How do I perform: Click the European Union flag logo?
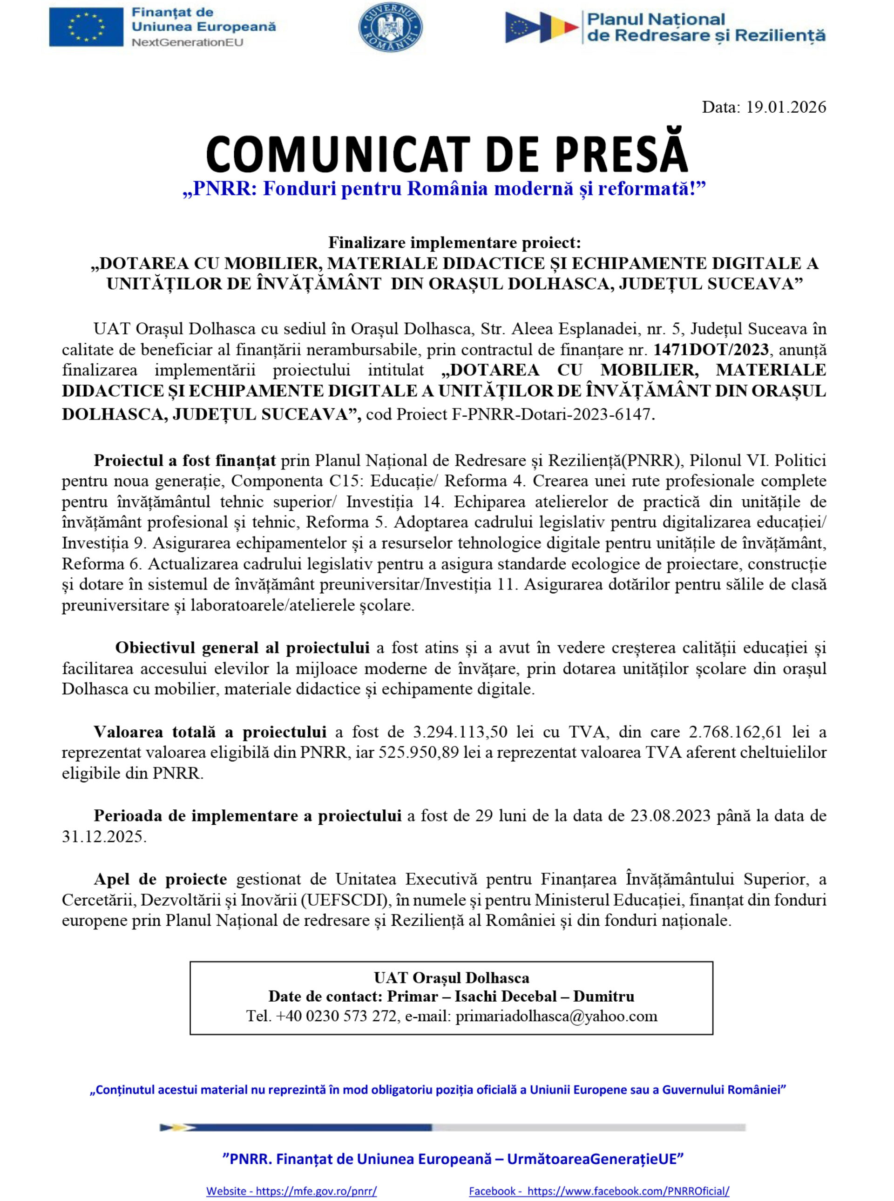pos(86,27)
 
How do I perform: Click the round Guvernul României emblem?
pos(391,27)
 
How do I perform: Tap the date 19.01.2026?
pos(786,107)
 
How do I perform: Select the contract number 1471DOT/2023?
pos(711,350)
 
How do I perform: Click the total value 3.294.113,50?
pos(460,733)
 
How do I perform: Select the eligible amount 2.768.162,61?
pos(735,733)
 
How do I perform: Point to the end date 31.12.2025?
pos(103,837)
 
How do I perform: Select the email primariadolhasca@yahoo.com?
pos(556,1016)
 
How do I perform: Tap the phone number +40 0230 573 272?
pos(336,1016)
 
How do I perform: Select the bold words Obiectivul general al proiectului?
pos(242,648)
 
